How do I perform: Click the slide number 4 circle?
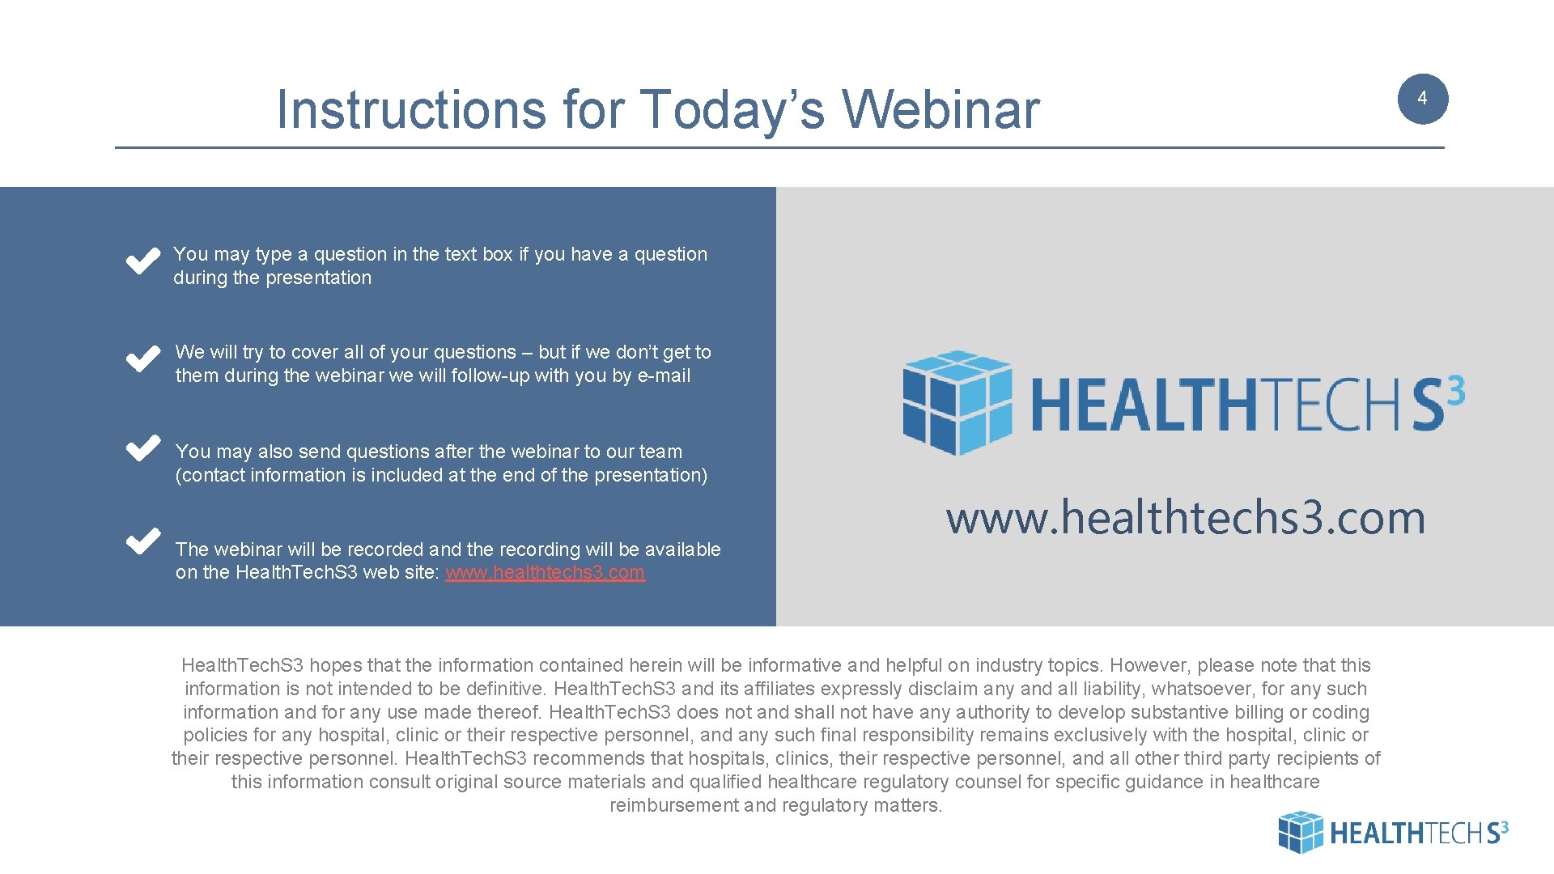tap(1422, 99)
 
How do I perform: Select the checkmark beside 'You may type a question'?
tap(142, 261)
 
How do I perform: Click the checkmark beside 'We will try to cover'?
tap(142, 359)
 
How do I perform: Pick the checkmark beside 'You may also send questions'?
tap(142, 448)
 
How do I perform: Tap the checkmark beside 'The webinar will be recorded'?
tap(142, 540)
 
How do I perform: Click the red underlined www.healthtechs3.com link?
tap(545, 572)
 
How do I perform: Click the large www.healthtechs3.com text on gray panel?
tap(1185, 518)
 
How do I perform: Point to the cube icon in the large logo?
tap(957, 402)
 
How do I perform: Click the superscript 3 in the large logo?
tap(1454, 392)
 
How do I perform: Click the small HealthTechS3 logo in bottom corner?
tap(1392, 832)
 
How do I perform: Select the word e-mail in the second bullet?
tap(664, 375)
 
